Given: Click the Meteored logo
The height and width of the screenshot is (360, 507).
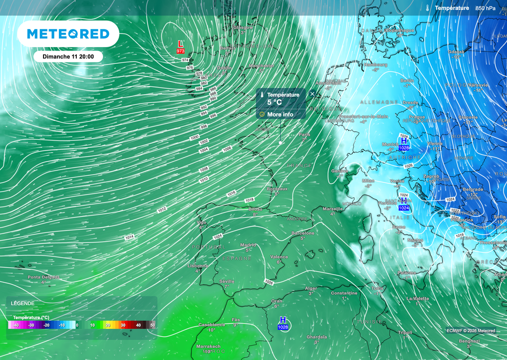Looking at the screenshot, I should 68,34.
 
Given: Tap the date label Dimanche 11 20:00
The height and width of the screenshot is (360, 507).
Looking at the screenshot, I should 68,56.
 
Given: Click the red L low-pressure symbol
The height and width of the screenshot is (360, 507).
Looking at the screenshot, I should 180,44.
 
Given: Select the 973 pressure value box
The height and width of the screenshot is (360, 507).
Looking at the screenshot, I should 181,51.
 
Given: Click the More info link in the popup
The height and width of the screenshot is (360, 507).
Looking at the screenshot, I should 280,114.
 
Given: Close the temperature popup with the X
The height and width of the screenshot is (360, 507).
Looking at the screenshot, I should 312,93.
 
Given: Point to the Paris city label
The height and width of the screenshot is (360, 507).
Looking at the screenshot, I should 304,134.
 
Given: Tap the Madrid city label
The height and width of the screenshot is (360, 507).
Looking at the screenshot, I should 248,245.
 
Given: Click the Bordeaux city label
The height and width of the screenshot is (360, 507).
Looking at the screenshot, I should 277,189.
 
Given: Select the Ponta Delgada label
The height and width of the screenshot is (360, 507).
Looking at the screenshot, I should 44,277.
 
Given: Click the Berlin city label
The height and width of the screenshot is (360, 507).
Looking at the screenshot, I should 407,80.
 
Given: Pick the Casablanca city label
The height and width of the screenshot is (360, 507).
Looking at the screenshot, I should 212,325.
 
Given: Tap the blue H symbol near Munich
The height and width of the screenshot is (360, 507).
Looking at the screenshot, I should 404,141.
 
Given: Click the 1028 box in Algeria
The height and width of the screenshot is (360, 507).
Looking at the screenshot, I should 283,327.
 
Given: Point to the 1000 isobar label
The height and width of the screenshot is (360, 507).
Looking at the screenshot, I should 195,137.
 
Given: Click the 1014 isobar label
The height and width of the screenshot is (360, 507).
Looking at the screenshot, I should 129,238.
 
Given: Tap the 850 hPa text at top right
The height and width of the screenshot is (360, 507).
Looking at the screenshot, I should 486,8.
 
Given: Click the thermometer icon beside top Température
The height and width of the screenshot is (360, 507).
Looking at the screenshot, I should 426,8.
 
